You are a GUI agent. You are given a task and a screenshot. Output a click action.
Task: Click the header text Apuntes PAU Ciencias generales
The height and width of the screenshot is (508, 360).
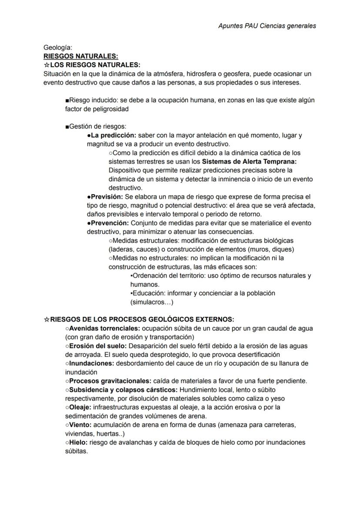[267, 26]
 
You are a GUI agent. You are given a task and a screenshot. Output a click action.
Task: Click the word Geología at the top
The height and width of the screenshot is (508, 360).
[58, 47]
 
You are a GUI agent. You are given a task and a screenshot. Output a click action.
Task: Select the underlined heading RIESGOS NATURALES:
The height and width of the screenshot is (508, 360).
[81, 56]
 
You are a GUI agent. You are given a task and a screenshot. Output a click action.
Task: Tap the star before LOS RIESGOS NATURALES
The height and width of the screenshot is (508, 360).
[47, 65]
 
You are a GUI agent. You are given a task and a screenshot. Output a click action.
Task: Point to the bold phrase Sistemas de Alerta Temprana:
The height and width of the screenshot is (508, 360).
[249, 161]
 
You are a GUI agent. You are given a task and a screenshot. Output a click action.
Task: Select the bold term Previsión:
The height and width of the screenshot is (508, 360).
[104, 196]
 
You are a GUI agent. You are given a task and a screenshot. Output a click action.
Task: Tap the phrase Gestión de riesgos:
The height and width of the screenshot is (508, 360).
[97, 126]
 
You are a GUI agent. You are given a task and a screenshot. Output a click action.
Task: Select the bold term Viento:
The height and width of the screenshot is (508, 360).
[80, 425]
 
